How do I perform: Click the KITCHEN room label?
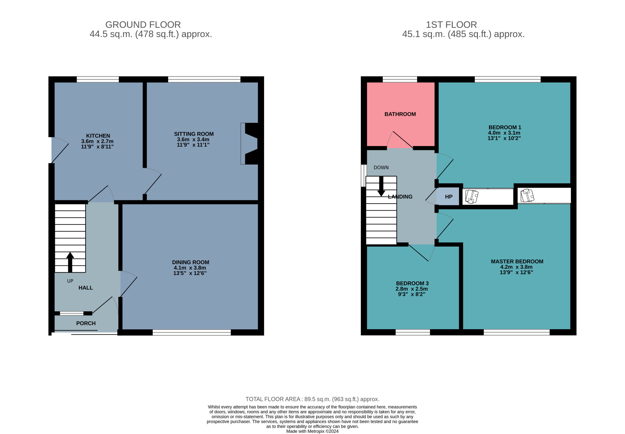pyautogui.click(x=98, y=136)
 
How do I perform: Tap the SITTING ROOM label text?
pyautogui.click(x=194, y=134)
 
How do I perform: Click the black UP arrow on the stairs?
pyautogui.click(x=70, y=262)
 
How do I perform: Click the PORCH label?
pyautogui.click(x=86, y=323)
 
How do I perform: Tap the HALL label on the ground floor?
pyautogui.click(x=86, y=288)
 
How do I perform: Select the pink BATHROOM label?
pyautogui.click(x=400, y=114)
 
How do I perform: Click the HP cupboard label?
pyautogui.click(x=448, y=197)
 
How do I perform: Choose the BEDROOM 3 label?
pyautogui.click(x=412, y=283)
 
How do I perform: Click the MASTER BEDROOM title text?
pyautogui.click(x=517, y=261)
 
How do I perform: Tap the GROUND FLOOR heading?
pyautogui.click(x=143, y=25)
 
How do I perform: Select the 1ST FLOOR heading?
pyautogui.click(x=451, y=25)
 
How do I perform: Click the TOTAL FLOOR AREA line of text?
pyautogui.click(x=312, y=399)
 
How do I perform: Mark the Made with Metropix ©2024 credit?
pyautogui.click(x=312, y=431)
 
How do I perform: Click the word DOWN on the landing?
pyautogui.click(x=381, y=168)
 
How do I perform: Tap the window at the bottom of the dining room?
pyautogui.click(x=192, y=332)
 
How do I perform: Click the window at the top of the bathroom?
pyautogui.click(x=400, y=79)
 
